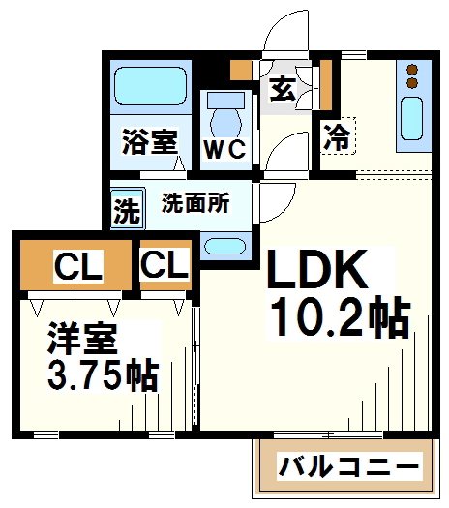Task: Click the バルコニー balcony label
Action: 349,467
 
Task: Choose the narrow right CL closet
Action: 165,263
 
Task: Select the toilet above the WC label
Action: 224,115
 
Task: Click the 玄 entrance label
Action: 283,88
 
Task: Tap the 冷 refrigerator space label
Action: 337,134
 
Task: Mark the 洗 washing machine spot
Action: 126,209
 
